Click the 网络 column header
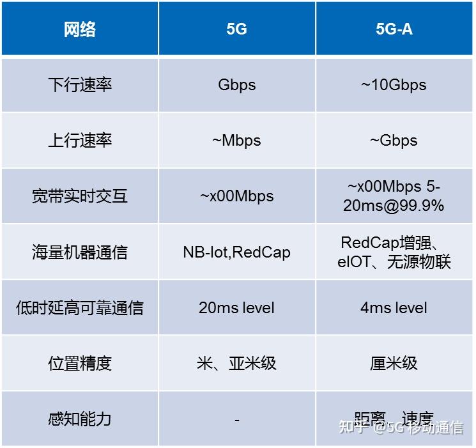79,29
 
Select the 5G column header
236,29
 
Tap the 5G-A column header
394,29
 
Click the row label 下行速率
79,85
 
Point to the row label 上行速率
79,141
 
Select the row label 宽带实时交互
79,196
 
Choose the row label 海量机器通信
79,252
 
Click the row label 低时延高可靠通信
79,307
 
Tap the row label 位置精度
79,363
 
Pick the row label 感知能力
79,419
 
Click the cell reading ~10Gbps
394,85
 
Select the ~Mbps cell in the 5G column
236,141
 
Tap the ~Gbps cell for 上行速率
394,141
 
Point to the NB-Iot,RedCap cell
236,252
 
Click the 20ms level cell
236,307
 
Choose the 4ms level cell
394,307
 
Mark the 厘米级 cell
394,363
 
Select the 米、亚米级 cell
236,363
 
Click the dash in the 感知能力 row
236,420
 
